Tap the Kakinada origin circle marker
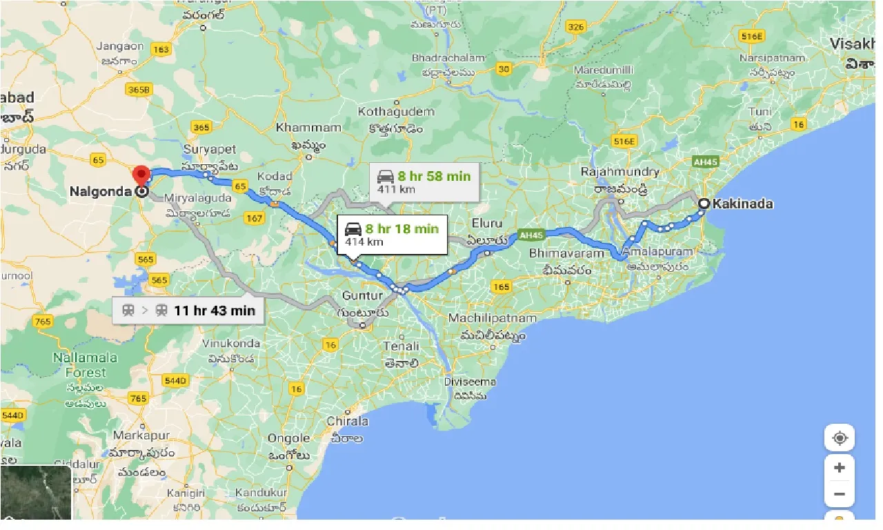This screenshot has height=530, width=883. [703, 204]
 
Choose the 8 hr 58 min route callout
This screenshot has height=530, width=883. [424, 181]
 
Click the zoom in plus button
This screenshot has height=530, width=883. [839, 468]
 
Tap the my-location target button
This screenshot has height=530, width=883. [839, 438]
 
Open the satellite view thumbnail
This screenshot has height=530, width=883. [36, 492]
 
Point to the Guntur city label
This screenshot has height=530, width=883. [361, 296]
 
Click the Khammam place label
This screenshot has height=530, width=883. [308, 128]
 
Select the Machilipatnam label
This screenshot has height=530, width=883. [492, 318]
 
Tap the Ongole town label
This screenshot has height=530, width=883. [288, 438]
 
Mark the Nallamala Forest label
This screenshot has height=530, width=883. [86, 365]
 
